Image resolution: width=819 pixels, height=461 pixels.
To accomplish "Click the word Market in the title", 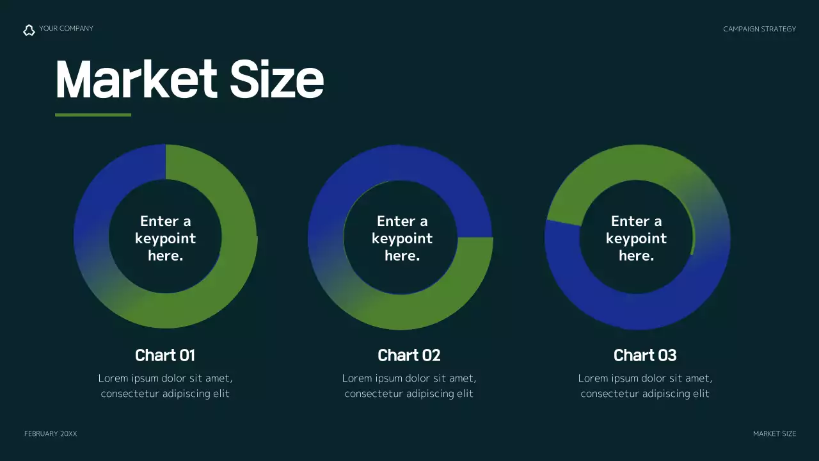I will click(136, 79).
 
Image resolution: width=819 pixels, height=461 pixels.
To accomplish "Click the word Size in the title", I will click(276, 79).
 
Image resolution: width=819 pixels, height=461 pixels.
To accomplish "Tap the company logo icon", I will click(29, 29).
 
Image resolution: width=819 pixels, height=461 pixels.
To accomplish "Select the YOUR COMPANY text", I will click(66, 28).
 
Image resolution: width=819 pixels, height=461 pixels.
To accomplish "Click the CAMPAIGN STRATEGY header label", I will click(759, 29).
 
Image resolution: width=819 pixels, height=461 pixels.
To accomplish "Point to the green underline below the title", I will click(93, 115).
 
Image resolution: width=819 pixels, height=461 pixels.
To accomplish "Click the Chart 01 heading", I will click(165, 355).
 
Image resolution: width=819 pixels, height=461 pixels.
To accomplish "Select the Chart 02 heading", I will click(409, 355).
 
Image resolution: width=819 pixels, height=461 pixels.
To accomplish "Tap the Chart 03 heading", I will click(645, 355).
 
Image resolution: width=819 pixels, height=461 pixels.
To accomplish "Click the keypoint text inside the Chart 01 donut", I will click(166, 238).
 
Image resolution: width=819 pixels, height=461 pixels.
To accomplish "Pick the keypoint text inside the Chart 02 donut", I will click(402, 238).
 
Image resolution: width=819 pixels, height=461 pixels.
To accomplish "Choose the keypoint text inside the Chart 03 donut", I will click(636, 238).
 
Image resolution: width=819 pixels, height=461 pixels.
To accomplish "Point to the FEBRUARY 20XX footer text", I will click(51, 434).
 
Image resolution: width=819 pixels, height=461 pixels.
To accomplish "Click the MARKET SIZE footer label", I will click(774, 434).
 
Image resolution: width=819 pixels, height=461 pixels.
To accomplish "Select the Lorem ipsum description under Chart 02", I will click(409, 386).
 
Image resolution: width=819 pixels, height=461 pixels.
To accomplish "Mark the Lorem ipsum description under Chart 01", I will click(165, 386).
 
